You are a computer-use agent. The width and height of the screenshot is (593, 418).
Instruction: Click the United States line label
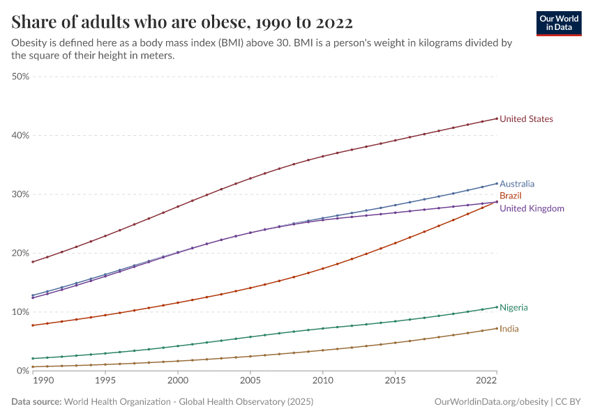526,119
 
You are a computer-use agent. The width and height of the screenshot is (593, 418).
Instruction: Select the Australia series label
517,184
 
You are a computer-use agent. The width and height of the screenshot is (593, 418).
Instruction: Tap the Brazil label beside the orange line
511,196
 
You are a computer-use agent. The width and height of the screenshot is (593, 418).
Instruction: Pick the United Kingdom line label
532,208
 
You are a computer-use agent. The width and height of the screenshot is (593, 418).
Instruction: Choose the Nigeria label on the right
513,307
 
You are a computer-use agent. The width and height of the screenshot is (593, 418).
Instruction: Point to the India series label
509,329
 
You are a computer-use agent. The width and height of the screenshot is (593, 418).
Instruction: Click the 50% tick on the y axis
20,77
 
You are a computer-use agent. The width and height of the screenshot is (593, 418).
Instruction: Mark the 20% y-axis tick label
20,253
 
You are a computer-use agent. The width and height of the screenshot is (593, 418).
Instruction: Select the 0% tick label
22,371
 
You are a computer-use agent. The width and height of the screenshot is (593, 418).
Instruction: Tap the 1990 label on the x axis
43,381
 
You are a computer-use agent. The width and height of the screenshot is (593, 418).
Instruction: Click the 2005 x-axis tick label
250,381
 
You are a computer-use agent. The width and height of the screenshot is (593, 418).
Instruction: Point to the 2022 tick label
486,381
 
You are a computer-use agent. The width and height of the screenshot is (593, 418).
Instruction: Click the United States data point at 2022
497,118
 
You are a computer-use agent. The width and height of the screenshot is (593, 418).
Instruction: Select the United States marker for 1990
33,262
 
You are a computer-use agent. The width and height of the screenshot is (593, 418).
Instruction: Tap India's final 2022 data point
497,328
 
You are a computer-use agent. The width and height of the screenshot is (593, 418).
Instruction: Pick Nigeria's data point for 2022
497,307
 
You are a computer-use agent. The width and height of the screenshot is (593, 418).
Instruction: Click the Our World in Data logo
559,23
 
